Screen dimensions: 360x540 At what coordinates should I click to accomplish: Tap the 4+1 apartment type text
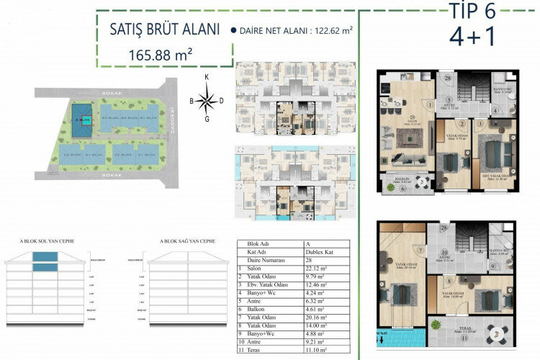pyautogui.click(x=473, y=36)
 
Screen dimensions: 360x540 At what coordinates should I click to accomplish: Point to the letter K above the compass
pyautogui.click(x=207, y=77)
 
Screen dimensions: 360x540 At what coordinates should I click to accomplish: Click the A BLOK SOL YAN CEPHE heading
pyautogui.click(x=47, y=240)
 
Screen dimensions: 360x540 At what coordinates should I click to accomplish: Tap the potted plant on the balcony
pyautogui.click(x=392, y=186)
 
